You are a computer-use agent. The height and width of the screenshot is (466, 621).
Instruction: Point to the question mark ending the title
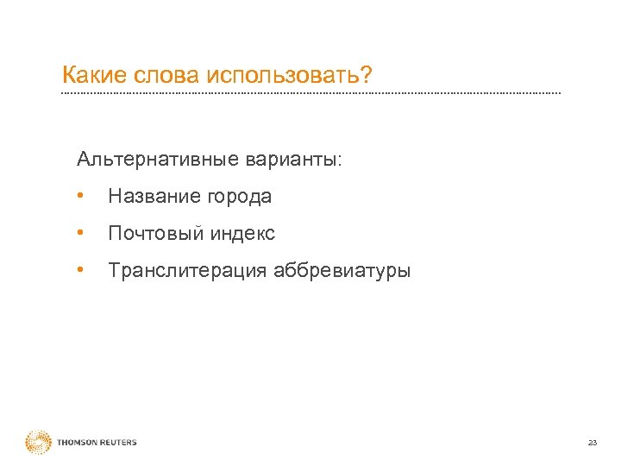pos(367,75)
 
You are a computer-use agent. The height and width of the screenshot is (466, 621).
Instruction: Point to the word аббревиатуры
pos(342,271)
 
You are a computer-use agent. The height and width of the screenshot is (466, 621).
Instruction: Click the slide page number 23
pos(592,443)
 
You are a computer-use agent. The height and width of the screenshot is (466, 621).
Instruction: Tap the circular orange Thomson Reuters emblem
pos(39,442)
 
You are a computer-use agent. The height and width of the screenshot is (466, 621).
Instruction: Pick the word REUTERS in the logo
pos(117,443)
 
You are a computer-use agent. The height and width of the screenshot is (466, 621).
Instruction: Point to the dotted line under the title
pos(310,92)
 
